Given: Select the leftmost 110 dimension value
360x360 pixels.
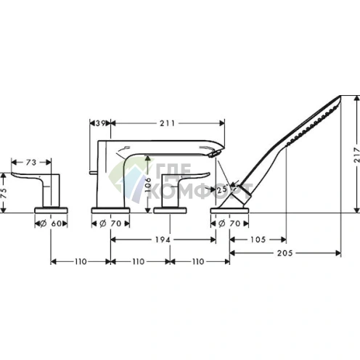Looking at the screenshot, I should click(80, 261).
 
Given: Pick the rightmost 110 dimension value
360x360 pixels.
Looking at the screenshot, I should click(200, 261).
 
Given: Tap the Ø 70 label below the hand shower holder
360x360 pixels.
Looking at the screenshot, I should click(230, 224).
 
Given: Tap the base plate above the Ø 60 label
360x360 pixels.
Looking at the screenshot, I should click(52, 209).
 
